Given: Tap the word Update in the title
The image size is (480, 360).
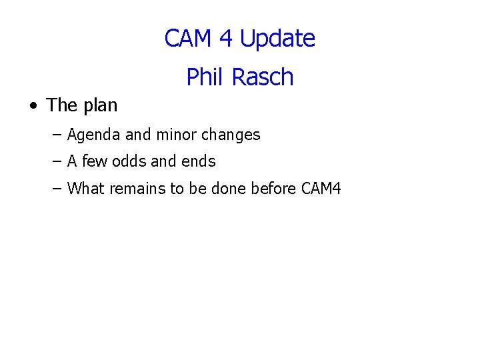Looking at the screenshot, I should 277,39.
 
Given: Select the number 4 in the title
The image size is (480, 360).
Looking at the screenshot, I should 227,39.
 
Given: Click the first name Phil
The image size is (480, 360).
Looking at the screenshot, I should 204,77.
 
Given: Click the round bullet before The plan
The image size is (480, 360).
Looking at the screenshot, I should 33,106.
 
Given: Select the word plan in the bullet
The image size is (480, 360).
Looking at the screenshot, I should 100,106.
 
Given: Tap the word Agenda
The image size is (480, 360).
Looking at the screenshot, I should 94,135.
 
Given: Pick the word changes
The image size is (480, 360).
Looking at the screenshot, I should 231,135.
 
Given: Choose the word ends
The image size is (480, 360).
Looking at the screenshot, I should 199,161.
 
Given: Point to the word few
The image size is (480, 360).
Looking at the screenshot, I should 95,161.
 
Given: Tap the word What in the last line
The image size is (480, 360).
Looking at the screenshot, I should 86,189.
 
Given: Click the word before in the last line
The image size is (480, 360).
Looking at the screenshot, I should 274,189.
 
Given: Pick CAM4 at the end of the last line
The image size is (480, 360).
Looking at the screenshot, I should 321,189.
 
